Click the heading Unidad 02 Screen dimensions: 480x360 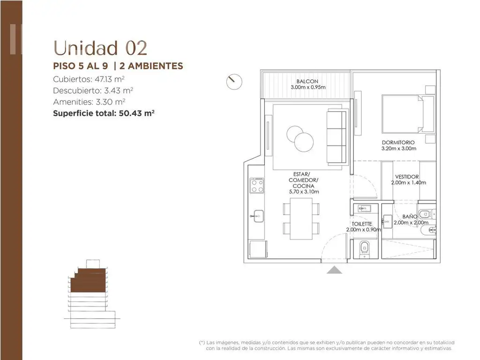tap(100, 48)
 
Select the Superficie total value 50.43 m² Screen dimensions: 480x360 tap(136, 113)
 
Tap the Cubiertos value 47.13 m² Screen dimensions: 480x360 tap(110, 79)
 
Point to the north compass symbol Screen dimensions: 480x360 tap(234, 82)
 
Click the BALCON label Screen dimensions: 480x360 tap(307, 82)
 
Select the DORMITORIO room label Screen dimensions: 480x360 tap(398, 142)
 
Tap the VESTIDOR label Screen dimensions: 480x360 tap(407, 177)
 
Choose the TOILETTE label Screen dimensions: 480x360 tap(362, 224)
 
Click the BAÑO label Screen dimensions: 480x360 tap(410, 217)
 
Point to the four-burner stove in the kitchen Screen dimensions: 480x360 tap(257, 186)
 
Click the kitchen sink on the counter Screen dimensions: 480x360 tap(258, 216)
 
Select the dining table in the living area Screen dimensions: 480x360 tap(301, 218)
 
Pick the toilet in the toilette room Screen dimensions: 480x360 tap(364, 248)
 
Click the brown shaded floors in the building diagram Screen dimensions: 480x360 tap(89, 281)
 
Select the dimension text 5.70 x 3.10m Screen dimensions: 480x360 tap(304, 192)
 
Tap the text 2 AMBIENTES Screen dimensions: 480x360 tap(151, 66)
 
